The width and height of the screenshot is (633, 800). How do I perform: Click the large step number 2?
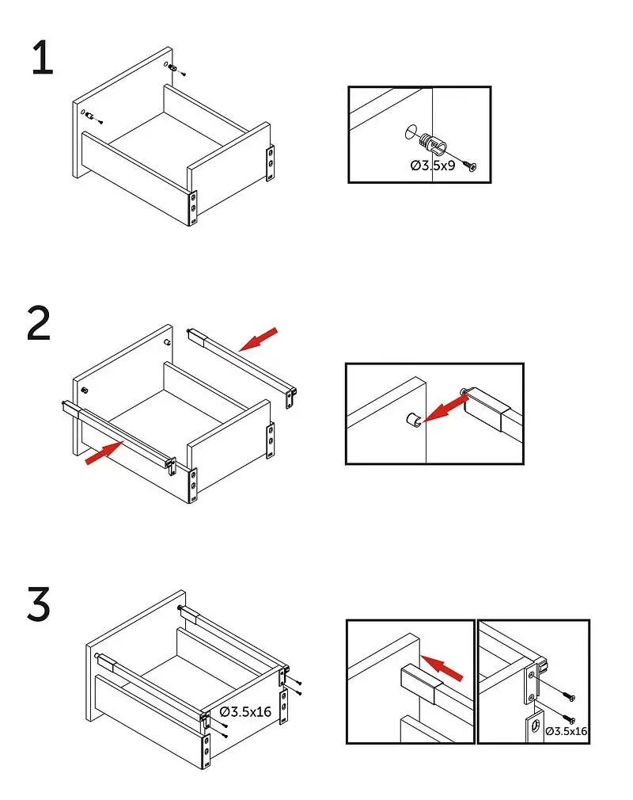[x=39, y=323]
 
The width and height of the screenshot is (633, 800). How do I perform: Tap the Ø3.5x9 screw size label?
[x=433, y=166]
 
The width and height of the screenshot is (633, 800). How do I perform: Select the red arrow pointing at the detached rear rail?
[x=259, y=338]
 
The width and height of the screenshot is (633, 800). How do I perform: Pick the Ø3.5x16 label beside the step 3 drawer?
[x=245, y=711]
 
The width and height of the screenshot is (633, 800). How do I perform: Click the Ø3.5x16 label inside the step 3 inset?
[x=566, y=731]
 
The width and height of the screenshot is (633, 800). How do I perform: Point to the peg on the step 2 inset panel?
[x=412, y=419]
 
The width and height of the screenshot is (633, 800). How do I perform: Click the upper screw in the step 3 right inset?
[x=568, y=696]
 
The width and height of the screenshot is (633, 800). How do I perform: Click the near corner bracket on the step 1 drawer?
[x=191, y=208]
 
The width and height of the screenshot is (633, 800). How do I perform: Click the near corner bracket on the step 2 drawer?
[x=191, y=484]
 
